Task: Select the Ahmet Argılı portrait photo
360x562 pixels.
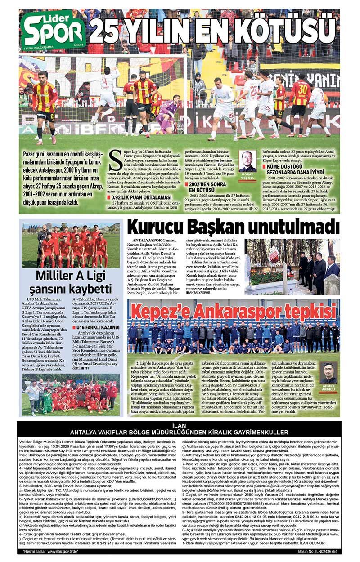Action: [328, 373]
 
